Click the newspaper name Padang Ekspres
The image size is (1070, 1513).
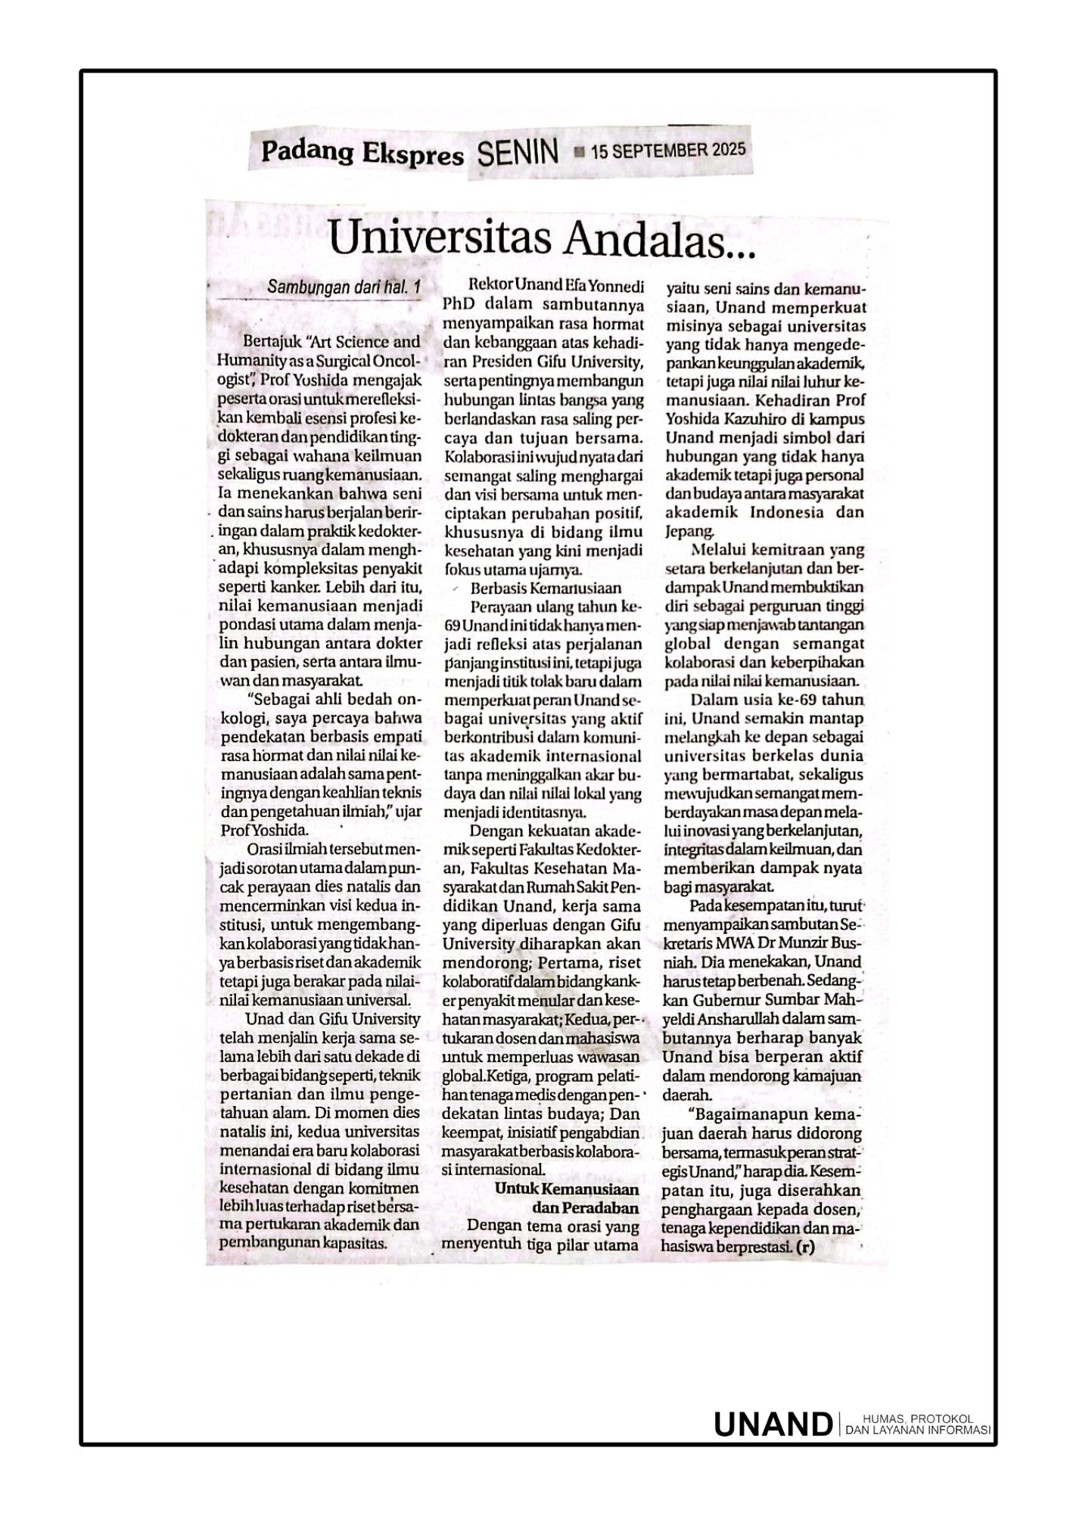tap(362, 154)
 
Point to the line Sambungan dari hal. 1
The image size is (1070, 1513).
tap(343, 288)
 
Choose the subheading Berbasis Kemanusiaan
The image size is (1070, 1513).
tap(546, 588)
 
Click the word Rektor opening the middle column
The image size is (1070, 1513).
tap(491, 287)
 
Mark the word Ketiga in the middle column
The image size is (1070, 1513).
tap(516, 1075)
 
